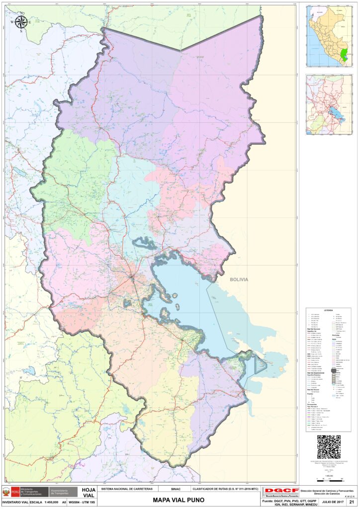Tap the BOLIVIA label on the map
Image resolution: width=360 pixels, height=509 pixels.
239,280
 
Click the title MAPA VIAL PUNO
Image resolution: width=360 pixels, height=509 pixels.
178,500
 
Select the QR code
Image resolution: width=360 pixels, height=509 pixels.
329,447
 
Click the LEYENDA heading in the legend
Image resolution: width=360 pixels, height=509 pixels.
328,310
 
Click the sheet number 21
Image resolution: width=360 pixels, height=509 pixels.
352,503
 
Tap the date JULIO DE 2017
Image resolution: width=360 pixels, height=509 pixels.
332,503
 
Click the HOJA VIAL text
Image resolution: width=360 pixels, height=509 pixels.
89,492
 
